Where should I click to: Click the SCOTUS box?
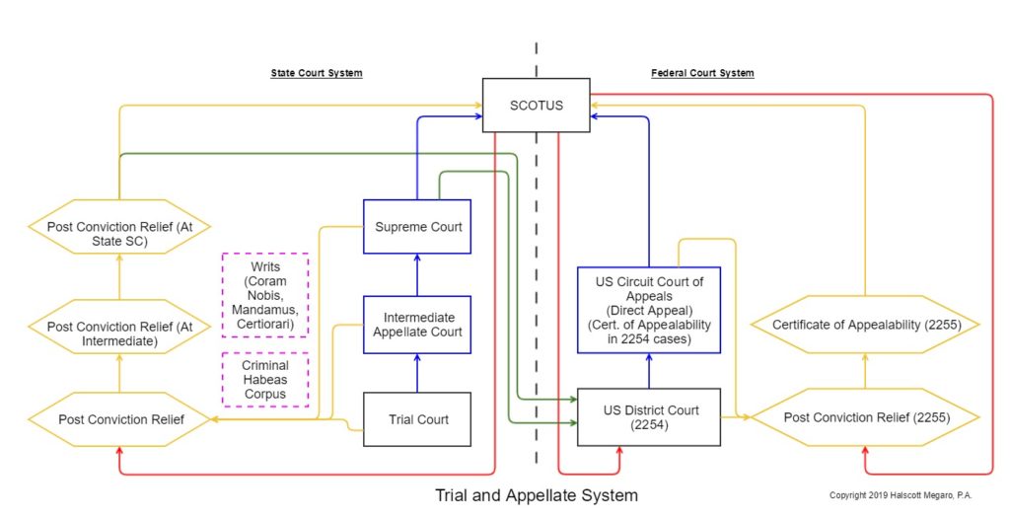pos(536,106)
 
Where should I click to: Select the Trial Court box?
pos(417,419)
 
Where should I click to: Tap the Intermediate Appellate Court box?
pos(417,325)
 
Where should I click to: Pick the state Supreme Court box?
pos(417,226)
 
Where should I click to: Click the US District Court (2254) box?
pos(649,417)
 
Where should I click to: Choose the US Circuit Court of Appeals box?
pos(649,310)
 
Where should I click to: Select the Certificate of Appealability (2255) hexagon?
pos(865,325)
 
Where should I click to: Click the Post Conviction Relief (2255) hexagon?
pos(865,417)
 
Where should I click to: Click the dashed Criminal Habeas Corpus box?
pos(265,380)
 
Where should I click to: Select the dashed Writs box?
pos(265,295)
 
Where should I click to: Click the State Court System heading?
pos(317,73)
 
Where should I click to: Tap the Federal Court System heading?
pos(702,73)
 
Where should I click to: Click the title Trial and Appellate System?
pos(536,495)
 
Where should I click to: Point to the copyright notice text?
pos(901,495)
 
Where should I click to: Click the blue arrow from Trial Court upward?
pos(417,373)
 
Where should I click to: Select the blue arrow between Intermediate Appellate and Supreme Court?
pos(417,274)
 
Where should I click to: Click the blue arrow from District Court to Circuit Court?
pos(649,371)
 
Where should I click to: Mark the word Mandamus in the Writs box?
pos(265,310)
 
